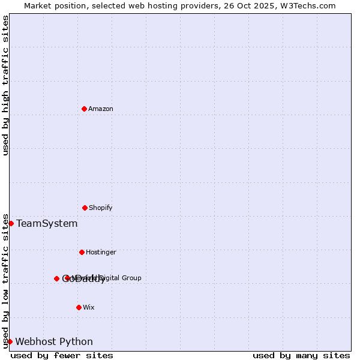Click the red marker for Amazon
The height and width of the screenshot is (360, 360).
[x=84, y=109]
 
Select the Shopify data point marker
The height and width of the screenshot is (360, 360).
[x=85, y=208]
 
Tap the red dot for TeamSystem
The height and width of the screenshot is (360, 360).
[x=11, y=223]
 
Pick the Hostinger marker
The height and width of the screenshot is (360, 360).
[x=82, y=252]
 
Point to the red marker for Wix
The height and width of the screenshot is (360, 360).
[x=79, y=307]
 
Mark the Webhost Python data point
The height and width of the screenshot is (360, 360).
[x=10, y=341]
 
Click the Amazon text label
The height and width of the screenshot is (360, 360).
[x=101, y=109]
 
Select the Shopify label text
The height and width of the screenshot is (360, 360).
[x=101, y=208]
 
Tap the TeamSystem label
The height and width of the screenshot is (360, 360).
[x=47, y=224]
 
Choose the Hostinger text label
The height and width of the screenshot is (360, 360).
[x=101, y=252]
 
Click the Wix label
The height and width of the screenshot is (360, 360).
[x=89, y=307]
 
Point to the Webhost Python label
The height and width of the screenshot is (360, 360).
[x=54, y=342]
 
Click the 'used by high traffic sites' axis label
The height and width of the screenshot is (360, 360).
[x=6, y=85]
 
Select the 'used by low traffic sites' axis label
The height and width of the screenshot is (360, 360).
[x=6, y=280]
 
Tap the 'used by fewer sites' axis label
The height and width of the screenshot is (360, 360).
[x=62, y=355]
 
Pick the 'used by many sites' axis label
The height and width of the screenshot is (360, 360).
[x=301, y=355]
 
